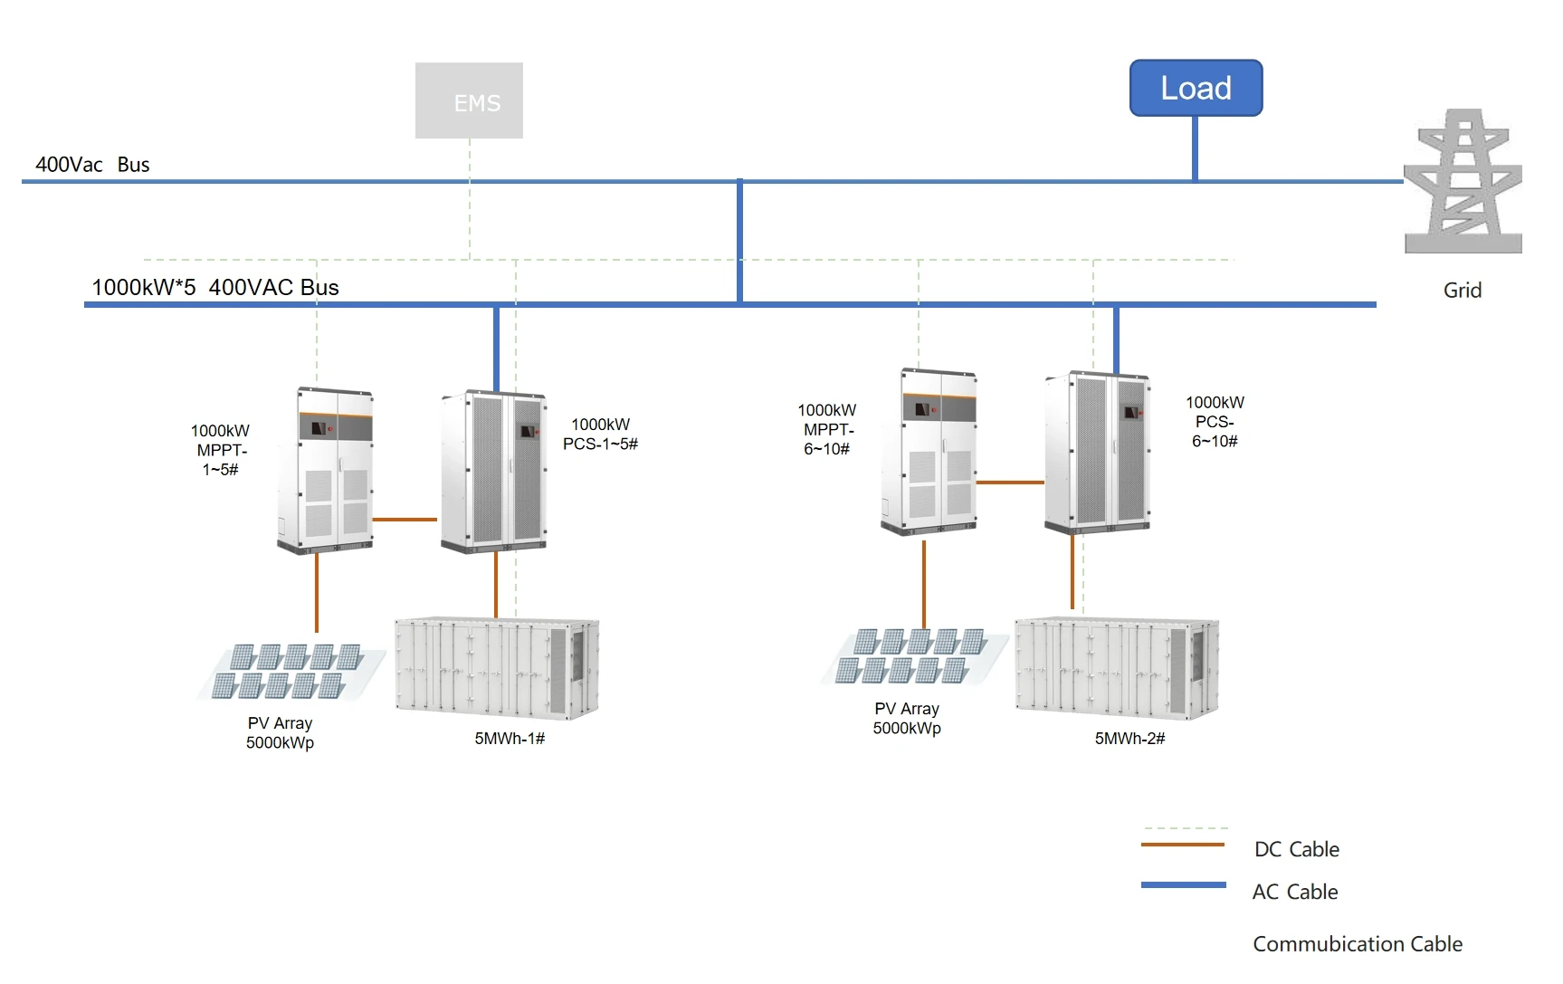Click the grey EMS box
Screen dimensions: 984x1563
coord(469,100)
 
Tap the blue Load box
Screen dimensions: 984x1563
coord(1196,88)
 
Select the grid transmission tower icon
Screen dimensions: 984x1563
coord(1463,181)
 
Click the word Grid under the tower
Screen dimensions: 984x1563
coord(1462,291)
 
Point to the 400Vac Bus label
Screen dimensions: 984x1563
coord(92,165)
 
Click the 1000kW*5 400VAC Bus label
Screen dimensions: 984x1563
coord(215,288)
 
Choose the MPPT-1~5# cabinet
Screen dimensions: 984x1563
coord(326,471)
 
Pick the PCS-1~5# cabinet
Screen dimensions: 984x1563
coord(494,471)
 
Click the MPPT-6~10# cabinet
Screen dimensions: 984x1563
coord(929,451)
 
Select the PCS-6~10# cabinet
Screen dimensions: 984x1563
coord(1098,451)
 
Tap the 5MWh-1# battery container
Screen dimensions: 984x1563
coord(497,668)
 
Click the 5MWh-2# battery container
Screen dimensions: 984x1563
coord(1117,668)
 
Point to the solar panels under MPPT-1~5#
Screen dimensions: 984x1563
coord(290,672)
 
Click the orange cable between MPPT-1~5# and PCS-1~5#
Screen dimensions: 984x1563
coord(405,520)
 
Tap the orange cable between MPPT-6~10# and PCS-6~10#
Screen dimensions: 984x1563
coord(1010,482)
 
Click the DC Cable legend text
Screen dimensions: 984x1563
coord(1296,849)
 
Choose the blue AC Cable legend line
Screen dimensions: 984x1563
coord(1183,884)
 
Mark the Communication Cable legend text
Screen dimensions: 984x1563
coord(1357,944)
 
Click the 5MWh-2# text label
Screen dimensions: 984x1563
coord(1129,739)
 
